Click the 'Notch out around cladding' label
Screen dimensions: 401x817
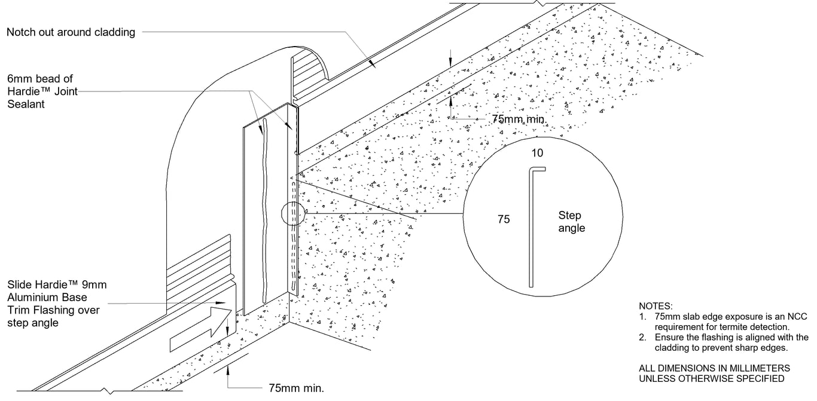pos(71,32)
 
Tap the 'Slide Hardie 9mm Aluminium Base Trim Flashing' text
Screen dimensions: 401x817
pos(57,304)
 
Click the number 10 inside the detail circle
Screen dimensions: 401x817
pos(538,153)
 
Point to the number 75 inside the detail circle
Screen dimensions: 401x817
pos(504,219)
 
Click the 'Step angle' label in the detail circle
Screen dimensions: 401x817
pos(571,221)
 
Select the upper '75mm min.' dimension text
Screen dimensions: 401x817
pos(518,119)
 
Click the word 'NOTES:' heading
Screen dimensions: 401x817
pos(656,306)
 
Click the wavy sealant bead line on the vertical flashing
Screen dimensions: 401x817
pos(263,209)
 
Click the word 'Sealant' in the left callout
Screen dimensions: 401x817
pos(26,104)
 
